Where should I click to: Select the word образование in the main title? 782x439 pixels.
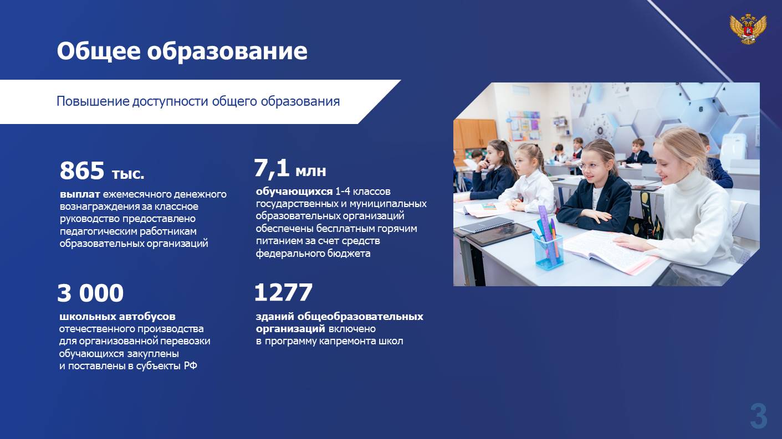click(x=227, y=51)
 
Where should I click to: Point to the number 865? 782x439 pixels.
click(x=82, y=171)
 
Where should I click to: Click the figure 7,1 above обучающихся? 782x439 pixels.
click(x=272, y=169)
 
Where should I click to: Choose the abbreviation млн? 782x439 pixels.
click(x=311, y=171)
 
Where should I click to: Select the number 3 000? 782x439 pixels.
click(x=90, y=293)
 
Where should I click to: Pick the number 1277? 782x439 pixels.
click(x=283, y=292)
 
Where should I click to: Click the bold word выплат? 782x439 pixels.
click(x=80, y=194)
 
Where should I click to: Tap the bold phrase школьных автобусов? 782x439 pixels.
click(x=117, y=316)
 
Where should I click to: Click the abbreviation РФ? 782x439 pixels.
click(x=191, y=366)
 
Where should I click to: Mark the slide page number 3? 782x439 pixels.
click(x=759, y=416)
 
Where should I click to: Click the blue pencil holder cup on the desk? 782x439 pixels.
click(x=549, y=252)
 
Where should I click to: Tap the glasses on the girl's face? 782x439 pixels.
click(x=588, y=166)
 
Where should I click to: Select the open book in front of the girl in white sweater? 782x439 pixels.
click(x=611, y=252)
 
